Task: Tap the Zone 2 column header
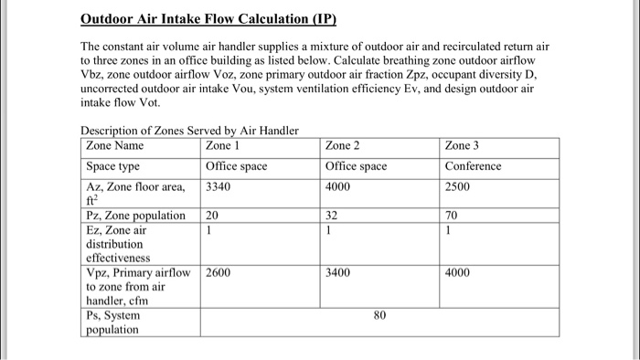click(x=344, y=146)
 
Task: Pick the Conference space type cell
click(x=473, y=166)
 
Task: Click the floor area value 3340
click(x=219, y=186)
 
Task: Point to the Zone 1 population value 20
click(x=212, y=217)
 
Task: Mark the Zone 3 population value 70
click(x=451, y=217)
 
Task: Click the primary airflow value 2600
click(x=219, y=272)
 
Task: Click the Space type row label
click(x=112, y=166)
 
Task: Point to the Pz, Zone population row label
click(x=136, y=217)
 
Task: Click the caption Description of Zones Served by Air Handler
click(x=189, y=131)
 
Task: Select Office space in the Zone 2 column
click(x=356, y=166)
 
